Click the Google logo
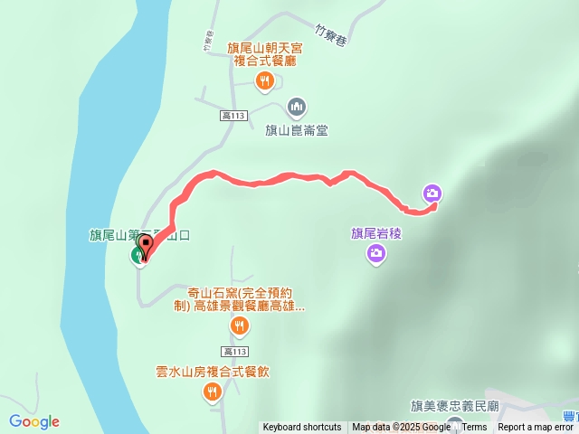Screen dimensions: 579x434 pos(34,421)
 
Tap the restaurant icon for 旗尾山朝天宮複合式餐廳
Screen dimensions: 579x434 pos(264,81)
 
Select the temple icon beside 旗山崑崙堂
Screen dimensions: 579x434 pos(297,108)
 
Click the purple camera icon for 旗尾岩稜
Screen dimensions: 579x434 pos(375,255)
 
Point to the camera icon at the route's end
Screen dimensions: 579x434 pos(432,193)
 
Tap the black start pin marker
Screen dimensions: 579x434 pos(145,246)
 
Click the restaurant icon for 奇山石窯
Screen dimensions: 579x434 pos(239,325)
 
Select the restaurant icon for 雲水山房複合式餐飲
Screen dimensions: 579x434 pos(212,391)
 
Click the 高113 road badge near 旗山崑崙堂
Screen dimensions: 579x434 pos(233,115)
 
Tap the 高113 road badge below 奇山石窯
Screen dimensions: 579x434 pos(233,351)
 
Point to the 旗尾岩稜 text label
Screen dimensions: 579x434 pos(375,233)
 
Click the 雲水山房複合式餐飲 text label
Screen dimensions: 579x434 pos(212,372)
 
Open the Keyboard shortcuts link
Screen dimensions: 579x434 pos(302,428)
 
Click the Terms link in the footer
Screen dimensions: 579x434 pos(474,428)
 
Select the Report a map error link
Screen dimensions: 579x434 pos(537,428)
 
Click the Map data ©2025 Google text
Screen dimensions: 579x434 pos(401,428)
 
